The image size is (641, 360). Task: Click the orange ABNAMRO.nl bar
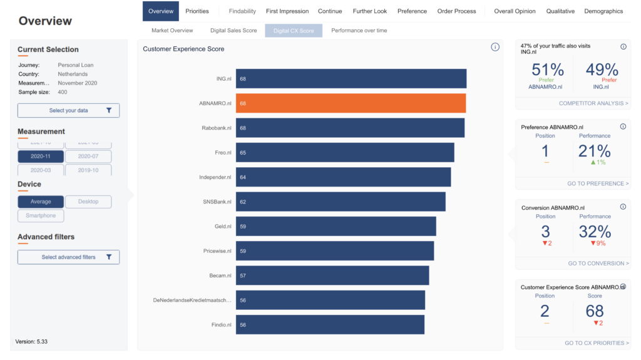pos(351,103)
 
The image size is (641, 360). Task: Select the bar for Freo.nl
pos(345,152)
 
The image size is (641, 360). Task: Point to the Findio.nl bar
pos(330,324)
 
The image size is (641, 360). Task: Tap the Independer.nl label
pos(215,177)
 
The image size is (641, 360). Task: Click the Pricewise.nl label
pos(217,251)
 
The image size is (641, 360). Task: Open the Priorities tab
pos(197,11)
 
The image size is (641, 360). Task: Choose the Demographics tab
pos(603,11)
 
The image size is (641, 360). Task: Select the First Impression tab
pos(287,11)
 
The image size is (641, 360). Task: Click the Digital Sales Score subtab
pos(233,30)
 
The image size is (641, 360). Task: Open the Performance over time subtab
pos(359,30)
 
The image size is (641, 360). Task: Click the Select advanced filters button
pos(69,257)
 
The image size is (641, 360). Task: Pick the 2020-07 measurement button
pos(88,157)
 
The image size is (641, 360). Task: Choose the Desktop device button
pos(88,202)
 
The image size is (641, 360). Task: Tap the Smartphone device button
pos(41,215)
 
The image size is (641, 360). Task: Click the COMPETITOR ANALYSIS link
pos(593,103)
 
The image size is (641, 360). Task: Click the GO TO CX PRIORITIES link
pos(597,343)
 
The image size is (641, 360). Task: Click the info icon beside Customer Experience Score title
pos(495,47)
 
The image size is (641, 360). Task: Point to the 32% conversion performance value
pos(595,232)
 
